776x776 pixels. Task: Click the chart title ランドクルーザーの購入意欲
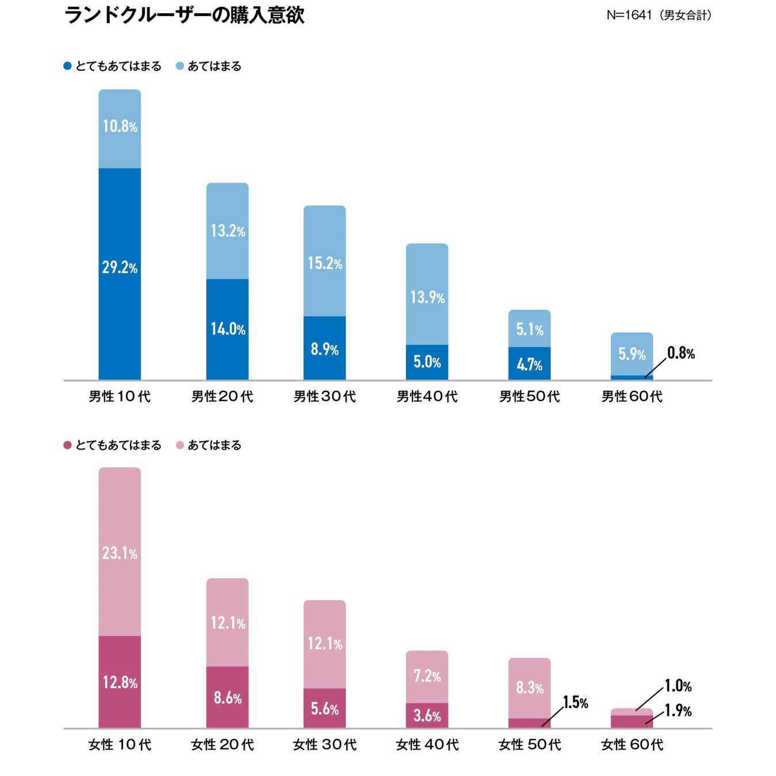point(184,15)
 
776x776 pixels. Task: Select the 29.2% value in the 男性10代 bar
point(120,267)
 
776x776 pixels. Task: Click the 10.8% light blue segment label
point(120,126)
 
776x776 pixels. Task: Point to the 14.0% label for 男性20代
point(228,329)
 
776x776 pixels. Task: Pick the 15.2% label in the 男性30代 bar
point(324,263)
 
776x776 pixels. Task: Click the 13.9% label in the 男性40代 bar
point(427,297)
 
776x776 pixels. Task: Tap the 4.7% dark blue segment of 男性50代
point(529,364)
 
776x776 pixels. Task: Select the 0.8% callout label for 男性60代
point(681,353)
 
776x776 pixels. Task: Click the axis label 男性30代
point(324,396)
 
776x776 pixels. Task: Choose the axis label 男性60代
point(632,396)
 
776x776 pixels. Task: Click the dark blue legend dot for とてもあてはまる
point(67,66)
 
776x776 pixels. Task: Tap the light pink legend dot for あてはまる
point(179,445)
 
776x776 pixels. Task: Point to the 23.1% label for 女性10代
point(120,553)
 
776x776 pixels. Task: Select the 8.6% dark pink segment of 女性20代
point(228,698)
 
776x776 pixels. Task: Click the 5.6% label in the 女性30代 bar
point(324,709)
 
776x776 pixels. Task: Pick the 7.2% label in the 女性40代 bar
point(427,676)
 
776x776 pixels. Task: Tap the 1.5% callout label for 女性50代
point(575,702)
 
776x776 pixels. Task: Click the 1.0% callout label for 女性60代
point(678,686)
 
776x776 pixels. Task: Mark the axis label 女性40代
point(427,744)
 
